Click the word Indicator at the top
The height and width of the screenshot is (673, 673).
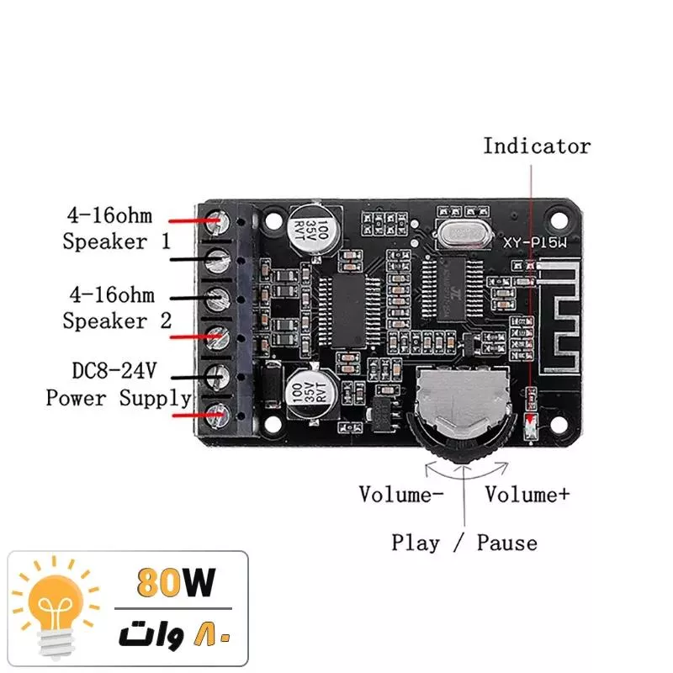coord(537,146)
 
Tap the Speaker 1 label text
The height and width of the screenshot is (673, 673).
coord(116,242)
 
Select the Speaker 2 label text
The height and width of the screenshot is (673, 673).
coord(117,321)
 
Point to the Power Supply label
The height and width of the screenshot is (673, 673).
coord(119,398)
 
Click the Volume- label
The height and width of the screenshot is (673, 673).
coord(401,495)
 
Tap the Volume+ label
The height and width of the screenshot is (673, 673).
coord(527,495)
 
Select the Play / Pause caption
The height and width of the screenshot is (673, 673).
coord(464,543)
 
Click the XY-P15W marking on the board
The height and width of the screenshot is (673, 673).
coord(533,243)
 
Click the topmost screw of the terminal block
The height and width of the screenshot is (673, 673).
coord(220,220)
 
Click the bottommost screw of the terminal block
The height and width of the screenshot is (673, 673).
coord(220,412)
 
